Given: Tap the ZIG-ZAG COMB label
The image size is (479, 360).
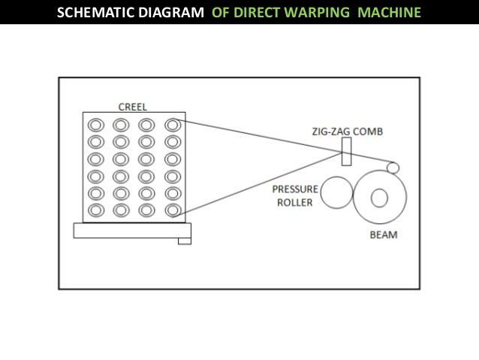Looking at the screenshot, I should (x=348, y=131).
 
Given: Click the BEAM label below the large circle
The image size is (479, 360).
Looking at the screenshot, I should (x=383, y=234).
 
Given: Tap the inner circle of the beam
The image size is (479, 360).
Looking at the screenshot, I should (x=378, y=198).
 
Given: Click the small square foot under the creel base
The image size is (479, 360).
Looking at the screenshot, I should (x=185, y=241).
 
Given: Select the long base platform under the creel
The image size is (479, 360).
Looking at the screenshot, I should (x=132, y=230).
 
